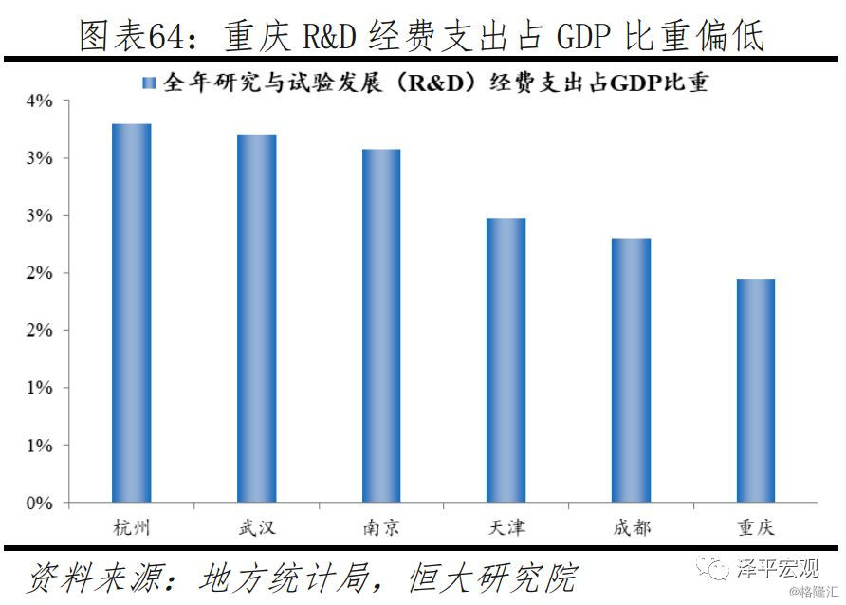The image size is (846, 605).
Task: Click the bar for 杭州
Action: click(131, 312)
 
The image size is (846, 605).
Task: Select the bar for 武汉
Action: click(256, 318)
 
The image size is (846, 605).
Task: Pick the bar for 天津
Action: click(506, 359)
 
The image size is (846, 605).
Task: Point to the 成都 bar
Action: click(631, 370)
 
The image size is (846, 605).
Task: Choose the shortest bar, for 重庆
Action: click(755, 390)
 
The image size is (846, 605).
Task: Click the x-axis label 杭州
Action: click(131, 527)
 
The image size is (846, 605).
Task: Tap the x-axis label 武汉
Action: click(256, 527)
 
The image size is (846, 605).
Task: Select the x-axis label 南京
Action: click(380, 527)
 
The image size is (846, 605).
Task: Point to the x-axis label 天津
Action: click(506, 527)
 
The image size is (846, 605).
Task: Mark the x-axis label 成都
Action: click(631, 527)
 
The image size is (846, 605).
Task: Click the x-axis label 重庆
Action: click(755, 527)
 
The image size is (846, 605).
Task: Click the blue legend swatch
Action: click(149, 83)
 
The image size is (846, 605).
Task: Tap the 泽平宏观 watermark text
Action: click(777, 569)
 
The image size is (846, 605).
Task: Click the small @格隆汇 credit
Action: click(815, 594)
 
